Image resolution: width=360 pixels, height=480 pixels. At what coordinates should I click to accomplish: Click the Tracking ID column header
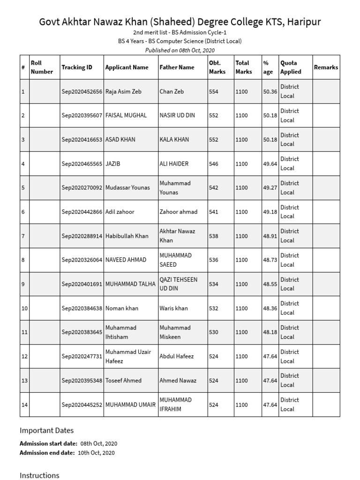point(77,67)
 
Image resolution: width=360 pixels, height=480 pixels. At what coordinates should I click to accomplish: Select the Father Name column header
point(177,67)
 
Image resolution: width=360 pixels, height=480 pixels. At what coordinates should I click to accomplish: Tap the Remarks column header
point(326,67)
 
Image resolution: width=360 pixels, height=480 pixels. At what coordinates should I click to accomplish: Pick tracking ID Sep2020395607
point(82,115)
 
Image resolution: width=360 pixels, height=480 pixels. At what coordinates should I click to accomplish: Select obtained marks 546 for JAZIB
point(213,164)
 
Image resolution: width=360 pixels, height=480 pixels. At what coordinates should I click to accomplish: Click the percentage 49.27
point(270,187)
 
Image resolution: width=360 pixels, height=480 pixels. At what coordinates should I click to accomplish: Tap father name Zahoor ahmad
point(178,212)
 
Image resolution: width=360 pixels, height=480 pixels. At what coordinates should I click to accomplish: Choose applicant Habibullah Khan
point(127,236)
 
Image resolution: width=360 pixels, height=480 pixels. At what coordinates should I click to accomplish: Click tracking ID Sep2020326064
point(82,260)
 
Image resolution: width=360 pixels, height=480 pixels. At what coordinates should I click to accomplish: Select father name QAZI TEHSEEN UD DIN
point(178,284)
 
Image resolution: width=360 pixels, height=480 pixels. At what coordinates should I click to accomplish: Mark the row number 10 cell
point(24,308)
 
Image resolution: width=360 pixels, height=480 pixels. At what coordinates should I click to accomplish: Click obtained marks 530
point(213,332)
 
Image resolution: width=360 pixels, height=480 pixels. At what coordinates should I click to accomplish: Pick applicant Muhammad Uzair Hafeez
point(128,356)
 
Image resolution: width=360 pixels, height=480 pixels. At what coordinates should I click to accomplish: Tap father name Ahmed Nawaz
point(178,381)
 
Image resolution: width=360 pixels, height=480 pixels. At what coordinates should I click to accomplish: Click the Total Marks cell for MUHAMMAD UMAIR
point(241,405)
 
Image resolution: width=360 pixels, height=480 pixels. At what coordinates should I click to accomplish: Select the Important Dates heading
point(46,430)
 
